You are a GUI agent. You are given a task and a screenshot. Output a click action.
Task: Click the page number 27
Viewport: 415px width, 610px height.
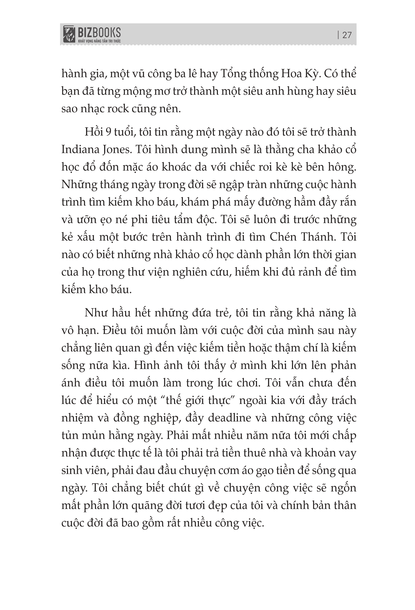coord(347,35)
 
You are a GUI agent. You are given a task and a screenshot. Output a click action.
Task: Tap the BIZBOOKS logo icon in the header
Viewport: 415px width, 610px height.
coord(69,34)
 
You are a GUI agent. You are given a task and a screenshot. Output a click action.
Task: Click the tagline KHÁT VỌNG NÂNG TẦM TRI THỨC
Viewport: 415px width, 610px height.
coord(99,41)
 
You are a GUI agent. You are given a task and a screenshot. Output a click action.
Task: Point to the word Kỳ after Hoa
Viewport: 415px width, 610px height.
coord(311,74)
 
